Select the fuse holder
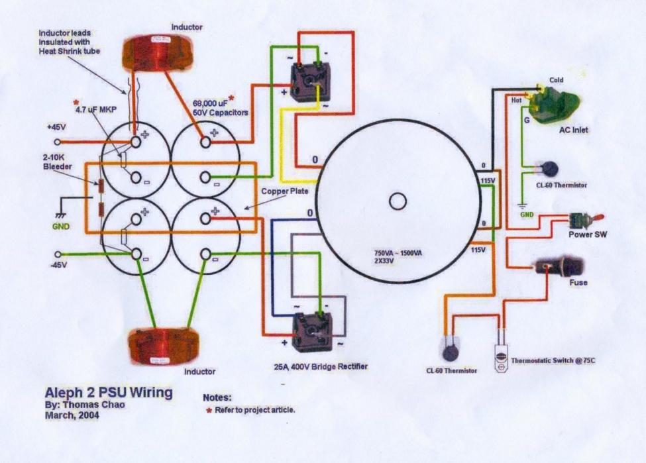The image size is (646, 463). [560, 268]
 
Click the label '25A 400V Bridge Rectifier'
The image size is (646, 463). [321, 366]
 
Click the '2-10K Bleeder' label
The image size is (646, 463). [60, 162]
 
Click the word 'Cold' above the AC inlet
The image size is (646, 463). [557, 81]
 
